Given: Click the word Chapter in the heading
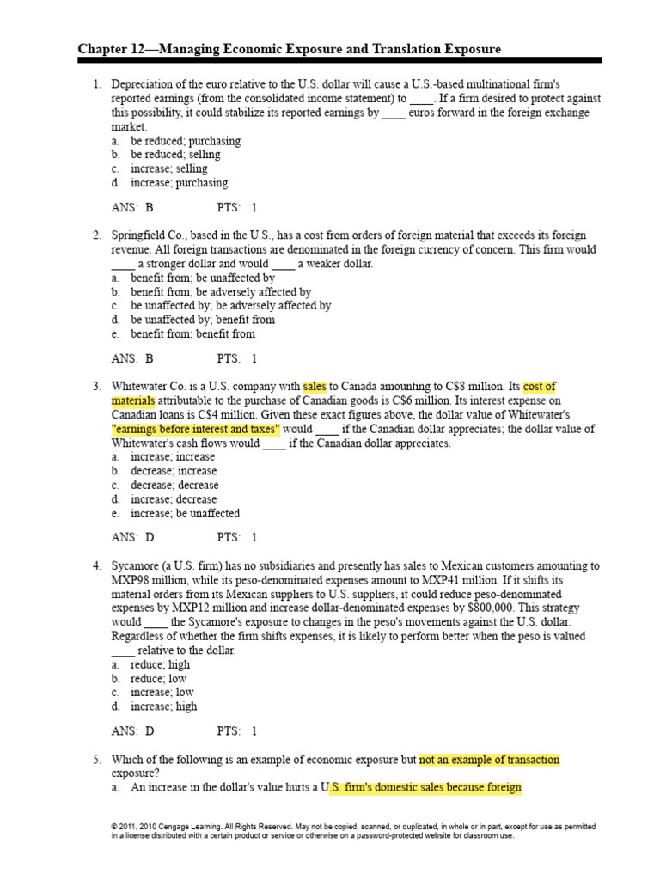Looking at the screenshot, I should [102, 50].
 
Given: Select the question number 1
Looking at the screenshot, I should [96, 84].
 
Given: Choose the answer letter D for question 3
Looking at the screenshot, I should [150, 538].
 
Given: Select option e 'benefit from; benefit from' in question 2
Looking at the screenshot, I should [192, 334].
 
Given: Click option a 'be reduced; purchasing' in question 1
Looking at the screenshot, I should [185, 141].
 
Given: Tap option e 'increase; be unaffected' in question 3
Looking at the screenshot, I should [185, 513].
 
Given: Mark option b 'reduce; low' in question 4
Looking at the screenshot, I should [158, 678].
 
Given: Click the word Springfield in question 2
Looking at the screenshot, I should [143, 235].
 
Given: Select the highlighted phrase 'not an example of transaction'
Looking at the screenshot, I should [489, 760].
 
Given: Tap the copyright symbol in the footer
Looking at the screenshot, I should [114, 827].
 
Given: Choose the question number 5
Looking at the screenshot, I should [96, 760].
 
